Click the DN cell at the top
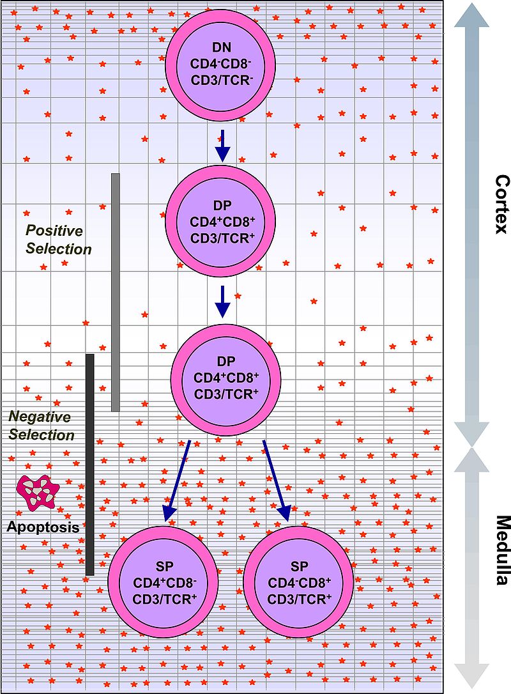point(221,65)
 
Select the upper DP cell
point(221,221)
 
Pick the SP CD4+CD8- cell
point(164,582)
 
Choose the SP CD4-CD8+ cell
point(299,582)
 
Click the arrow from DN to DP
point(222,146)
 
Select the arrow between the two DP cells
point(222,302)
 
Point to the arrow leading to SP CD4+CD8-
point(176,481)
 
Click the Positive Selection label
point(58,240)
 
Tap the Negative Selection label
point(42,426)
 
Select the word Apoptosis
point(43,527)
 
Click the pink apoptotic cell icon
point(38,493)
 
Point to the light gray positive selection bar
point(116,292)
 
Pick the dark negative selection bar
point(90,465)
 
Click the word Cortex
point(501,204)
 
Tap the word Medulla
point(501,550)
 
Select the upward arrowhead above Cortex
point(471,15)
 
